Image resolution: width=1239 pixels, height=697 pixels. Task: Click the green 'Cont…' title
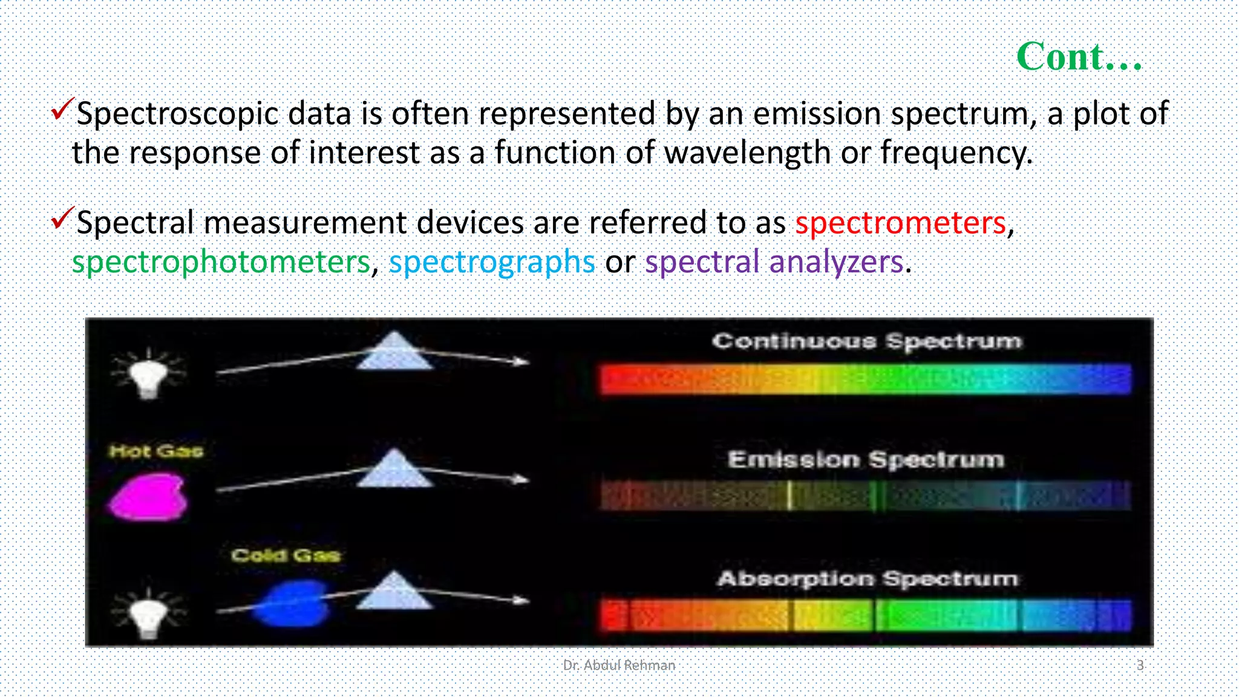tap(1079, 57)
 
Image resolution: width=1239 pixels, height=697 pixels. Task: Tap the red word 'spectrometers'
tap(900, 223)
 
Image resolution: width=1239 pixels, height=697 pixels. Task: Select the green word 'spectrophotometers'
tap(221, 263)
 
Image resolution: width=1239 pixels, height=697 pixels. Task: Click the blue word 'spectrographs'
tap(492, 263)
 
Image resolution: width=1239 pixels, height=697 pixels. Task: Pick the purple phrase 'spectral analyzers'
tap(774, 263)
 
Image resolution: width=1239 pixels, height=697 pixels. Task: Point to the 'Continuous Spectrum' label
tap(866, 341)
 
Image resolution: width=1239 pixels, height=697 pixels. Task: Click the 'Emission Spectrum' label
tap(866, 460)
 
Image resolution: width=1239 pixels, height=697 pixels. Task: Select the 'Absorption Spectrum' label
tap(867, 579)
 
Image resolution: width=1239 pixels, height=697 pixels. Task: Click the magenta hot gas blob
tap(148, 497)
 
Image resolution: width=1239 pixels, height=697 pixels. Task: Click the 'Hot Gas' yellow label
tap(156, 451)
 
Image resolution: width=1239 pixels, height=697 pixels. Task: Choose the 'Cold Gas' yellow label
tap(286, 555)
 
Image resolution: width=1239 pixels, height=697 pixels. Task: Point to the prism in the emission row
tap(394, 469)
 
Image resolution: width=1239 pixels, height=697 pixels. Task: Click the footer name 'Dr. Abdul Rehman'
tap(618, 666)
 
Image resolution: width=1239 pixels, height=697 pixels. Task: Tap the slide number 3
tap(1140, 666)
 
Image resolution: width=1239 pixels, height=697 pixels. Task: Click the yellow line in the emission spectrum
tap(789, 496)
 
